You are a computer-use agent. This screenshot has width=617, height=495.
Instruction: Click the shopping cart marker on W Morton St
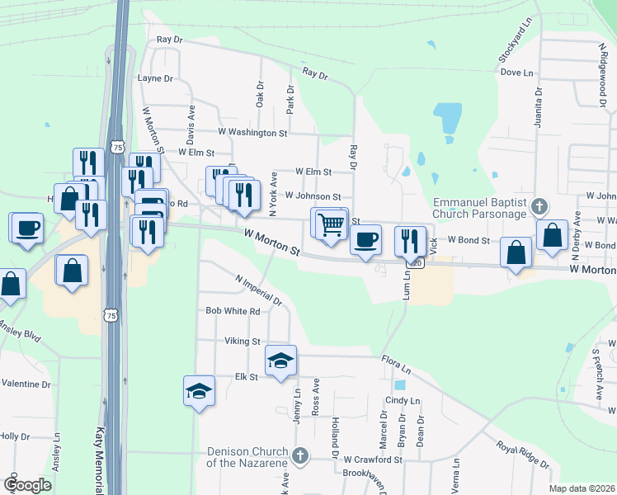pos(331,223)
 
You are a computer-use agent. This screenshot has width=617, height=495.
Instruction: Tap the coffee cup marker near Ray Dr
pos(366,240)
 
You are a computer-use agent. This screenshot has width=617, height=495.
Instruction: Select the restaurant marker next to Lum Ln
pos(410,240)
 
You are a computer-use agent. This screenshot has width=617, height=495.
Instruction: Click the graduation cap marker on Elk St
pos(280,360)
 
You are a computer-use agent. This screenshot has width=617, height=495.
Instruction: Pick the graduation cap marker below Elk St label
pos(199,389)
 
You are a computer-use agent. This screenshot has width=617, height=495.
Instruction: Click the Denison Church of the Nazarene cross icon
pos(300,455)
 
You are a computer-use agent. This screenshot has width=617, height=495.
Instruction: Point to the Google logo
pos(26,485)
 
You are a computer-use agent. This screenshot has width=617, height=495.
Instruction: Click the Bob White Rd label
pos(233,311)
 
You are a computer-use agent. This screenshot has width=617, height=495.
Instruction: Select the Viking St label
pos(243,341)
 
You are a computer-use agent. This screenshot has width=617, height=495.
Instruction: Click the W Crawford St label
pos(373,460)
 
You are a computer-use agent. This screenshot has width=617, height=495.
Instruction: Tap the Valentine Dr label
pos(26,384)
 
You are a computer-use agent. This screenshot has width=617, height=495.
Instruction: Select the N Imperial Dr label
pos(258,290)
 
